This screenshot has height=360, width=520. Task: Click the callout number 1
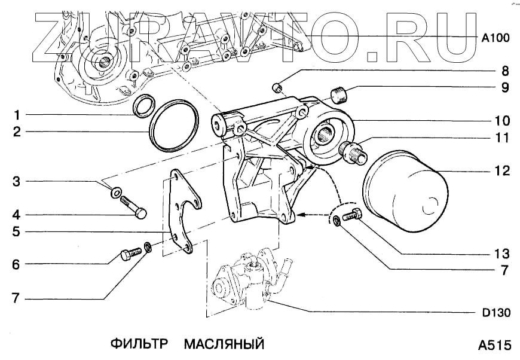[x=17, y=114]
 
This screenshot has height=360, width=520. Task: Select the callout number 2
[x=17, y=132]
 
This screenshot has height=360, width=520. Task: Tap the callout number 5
[x=17, y=231]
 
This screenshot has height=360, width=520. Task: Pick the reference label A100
[x=495, y=38]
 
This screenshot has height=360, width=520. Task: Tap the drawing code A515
[x=494, y=345]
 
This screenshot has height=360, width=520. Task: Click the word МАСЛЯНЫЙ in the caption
[x=224, y=344]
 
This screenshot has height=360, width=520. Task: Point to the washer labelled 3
[x=117, y=193]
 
